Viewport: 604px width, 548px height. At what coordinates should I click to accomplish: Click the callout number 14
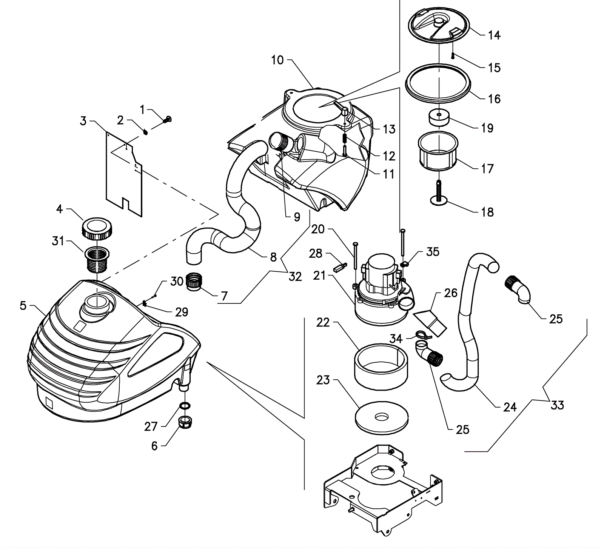pyautogui.click(x=494, y=35)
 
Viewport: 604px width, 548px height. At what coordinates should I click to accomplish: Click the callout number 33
pyautogui.click(x=557, y=405)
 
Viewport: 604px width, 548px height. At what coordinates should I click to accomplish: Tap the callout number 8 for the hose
pyautogui.click(x=273, y=257)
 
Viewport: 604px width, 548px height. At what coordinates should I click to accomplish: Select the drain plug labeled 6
pyautogui.click(x=185, y=423)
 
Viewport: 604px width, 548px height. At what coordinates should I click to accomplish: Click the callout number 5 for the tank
pyautogui.click(x=23, y=306)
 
